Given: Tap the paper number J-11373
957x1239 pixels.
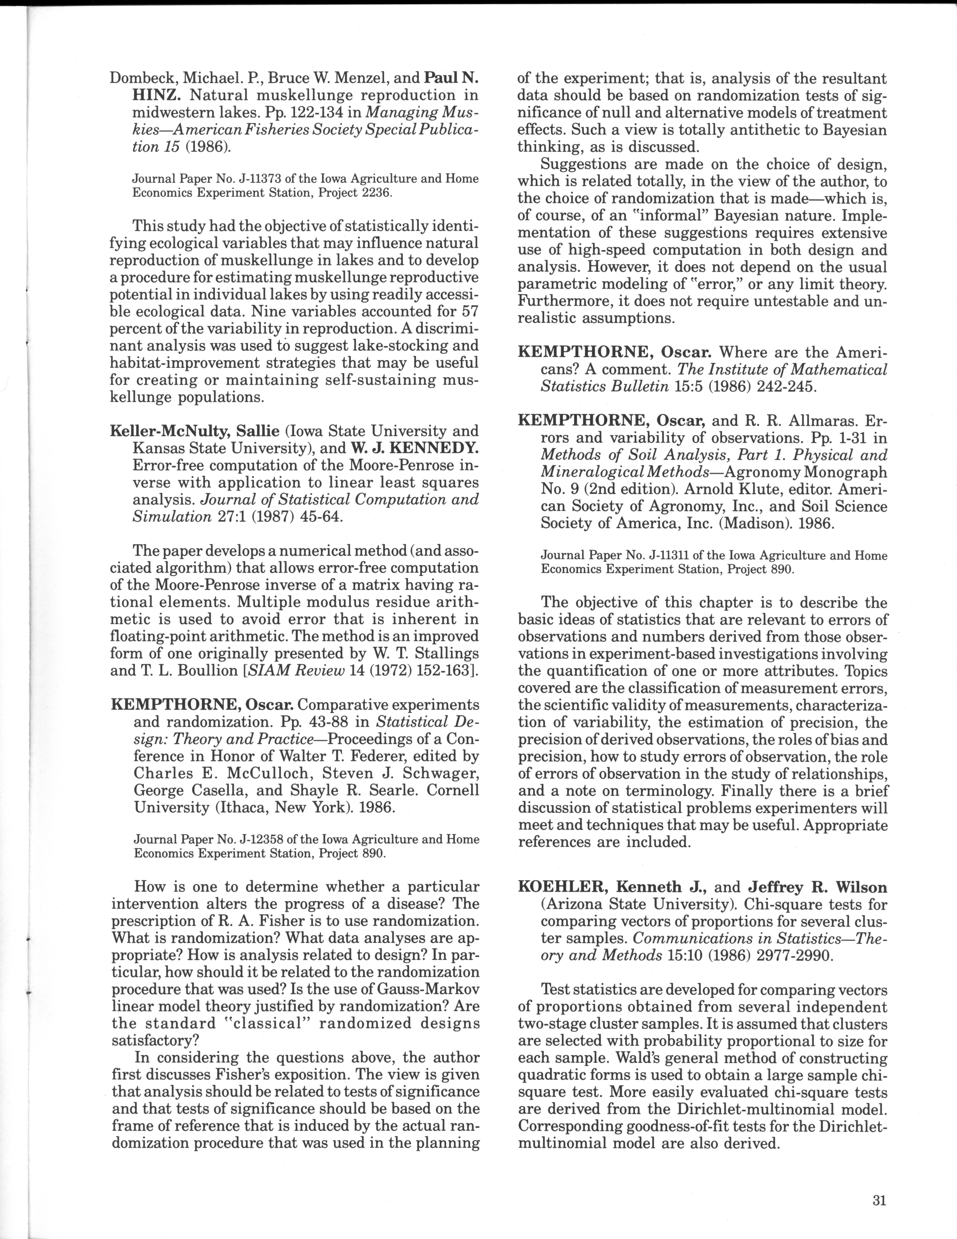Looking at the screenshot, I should coord(266,179).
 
